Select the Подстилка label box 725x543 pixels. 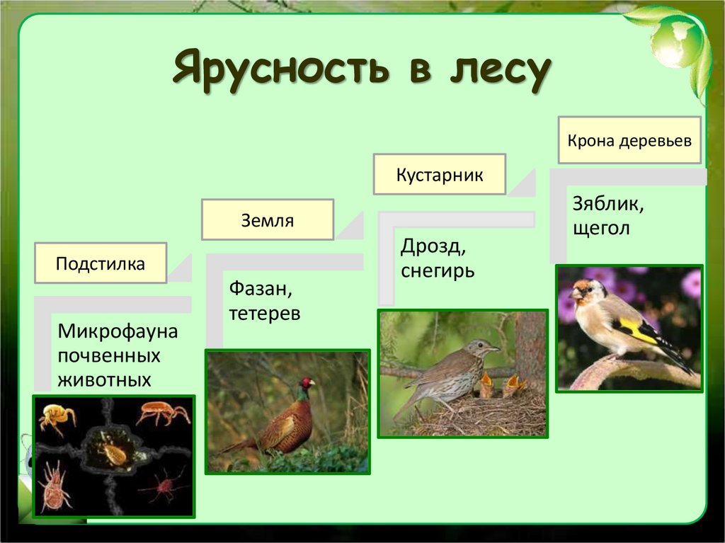(101, 263)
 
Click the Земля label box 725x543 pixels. (267, 220)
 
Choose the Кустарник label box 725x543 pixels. (440, 174)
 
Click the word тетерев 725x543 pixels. (264, 313)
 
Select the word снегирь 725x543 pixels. (437, 270)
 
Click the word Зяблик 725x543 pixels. (608, 205)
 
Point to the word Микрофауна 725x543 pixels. (118, 331)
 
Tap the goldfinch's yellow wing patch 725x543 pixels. (635, 331)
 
